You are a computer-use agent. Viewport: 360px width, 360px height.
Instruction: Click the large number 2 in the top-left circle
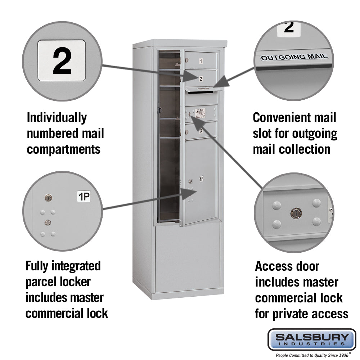click(x=62, y=60)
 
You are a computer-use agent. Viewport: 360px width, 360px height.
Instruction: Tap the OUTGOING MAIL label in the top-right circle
click(x=294, y=57)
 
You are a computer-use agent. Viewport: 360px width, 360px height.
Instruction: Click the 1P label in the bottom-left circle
click(x=84, y=197)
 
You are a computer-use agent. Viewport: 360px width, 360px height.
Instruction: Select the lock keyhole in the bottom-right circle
click(x=296, y=213)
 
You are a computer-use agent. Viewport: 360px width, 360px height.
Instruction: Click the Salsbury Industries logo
click(x=311, y=339)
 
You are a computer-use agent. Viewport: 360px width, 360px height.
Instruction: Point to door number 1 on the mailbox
click(x=201, y=61)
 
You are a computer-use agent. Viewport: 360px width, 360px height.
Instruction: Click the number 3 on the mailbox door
click(x=201, y=131)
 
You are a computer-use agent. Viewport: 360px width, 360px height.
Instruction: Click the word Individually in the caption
click(x=57, y=118)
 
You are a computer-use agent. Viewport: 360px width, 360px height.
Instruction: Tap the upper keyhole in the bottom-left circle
click(x=48, y=197)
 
